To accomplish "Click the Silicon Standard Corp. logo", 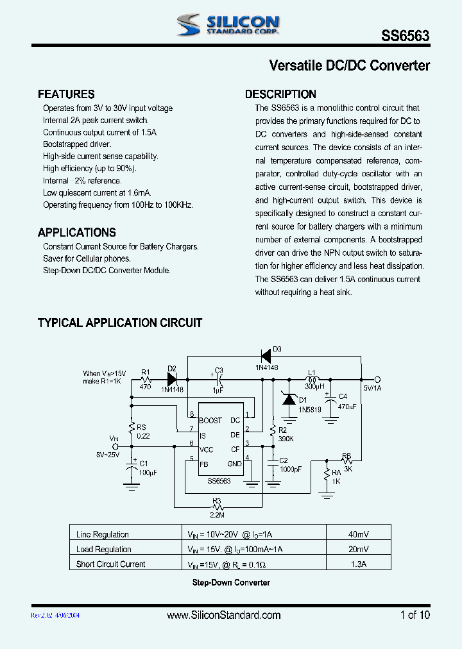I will coord(228,25).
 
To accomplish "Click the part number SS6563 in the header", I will coord(406,37).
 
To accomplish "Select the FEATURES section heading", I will coord(66,94).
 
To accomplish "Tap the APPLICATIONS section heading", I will coord(77,232).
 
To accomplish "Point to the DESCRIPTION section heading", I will coord(280,94).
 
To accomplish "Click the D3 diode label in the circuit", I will coord(277,350).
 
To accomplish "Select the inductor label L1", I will coord(312,373).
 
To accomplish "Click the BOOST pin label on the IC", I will coord(210,421).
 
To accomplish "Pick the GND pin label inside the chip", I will coord(234,464).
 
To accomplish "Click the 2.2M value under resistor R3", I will coord(218,514).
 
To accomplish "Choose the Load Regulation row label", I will coord(103,549).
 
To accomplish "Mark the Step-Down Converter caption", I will coord(231,582).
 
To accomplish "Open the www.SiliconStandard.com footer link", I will coord(223,615).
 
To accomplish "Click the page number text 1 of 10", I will coord(415,615).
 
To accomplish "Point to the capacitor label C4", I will coord(343,396).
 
